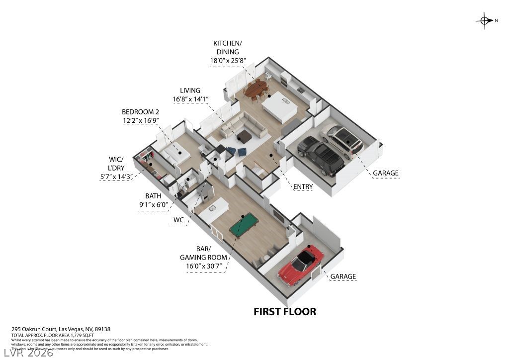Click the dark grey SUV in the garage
[x=321, y=155]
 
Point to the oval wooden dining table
[x=255, y=90]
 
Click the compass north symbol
[x=484, y=20]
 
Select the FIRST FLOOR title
[x=285, y=312]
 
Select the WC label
[x=179, y=219]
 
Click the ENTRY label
[x=303, y=187]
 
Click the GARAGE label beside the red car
[x=343, y=276]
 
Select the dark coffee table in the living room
[x=244, y=136]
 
